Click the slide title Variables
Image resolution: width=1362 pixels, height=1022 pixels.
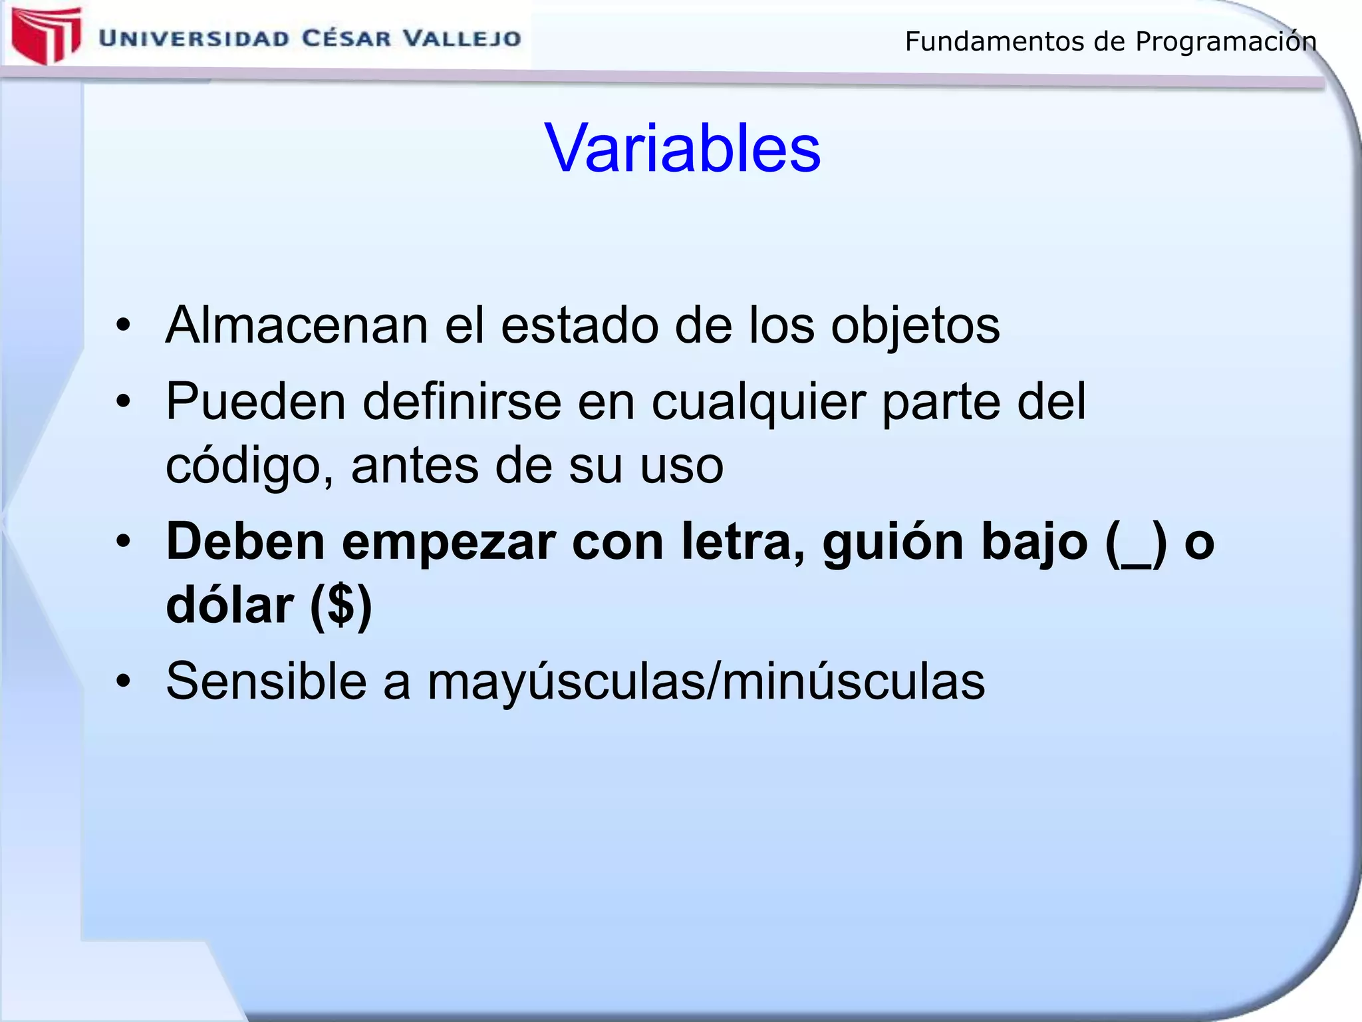(682, 148)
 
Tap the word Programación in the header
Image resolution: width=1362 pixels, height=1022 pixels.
(1226, 41)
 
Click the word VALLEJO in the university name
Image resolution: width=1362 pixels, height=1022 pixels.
(463, 38)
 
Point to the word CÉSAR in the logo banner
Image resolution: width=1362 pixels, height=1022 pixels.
(346, 38)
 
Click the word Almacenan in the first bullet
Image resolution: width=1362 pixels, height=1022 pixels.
(297, 325)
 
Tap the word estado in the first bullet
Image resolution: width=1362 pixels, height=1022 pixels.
(579, 325)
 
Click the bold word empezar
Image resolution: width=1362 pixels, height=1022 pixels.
(449, 543)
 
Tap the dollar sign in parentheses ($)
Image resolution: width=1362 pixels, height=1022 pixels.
(341, 606)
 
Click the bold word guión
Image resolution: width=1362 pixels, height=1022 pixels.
(893, 543)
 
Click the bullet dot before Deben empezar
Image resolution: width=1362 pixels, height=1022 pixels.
(123, 542)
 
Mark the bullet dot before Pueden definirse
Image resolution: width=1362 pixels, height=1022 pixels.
(123, 401)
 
